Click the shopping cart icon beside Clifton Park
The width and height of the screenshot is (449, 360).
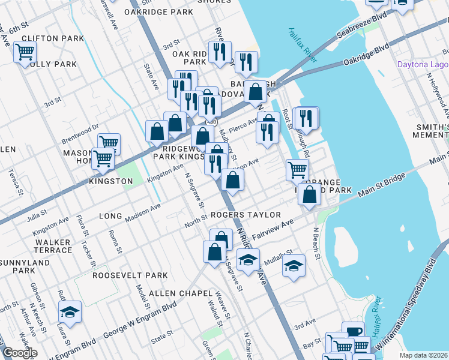tap(25, 53)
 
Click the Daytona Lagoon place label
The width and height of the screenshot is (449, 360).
tap(422, 65)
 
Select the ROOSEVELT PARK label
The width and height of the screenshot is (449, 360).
tap(130, 275)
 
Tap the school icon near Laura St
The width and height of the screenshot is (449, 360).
tap(70, 312)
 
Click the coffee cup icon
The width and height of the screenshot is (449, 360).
tap(354, 332)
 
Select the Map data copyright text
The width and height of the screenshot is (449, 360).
tap(423, 355)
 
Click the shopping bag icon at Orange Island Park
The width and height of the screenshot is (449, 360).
tap(309, 196)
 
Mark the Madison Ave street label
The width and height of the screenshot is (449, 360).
tap(143, 214)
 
